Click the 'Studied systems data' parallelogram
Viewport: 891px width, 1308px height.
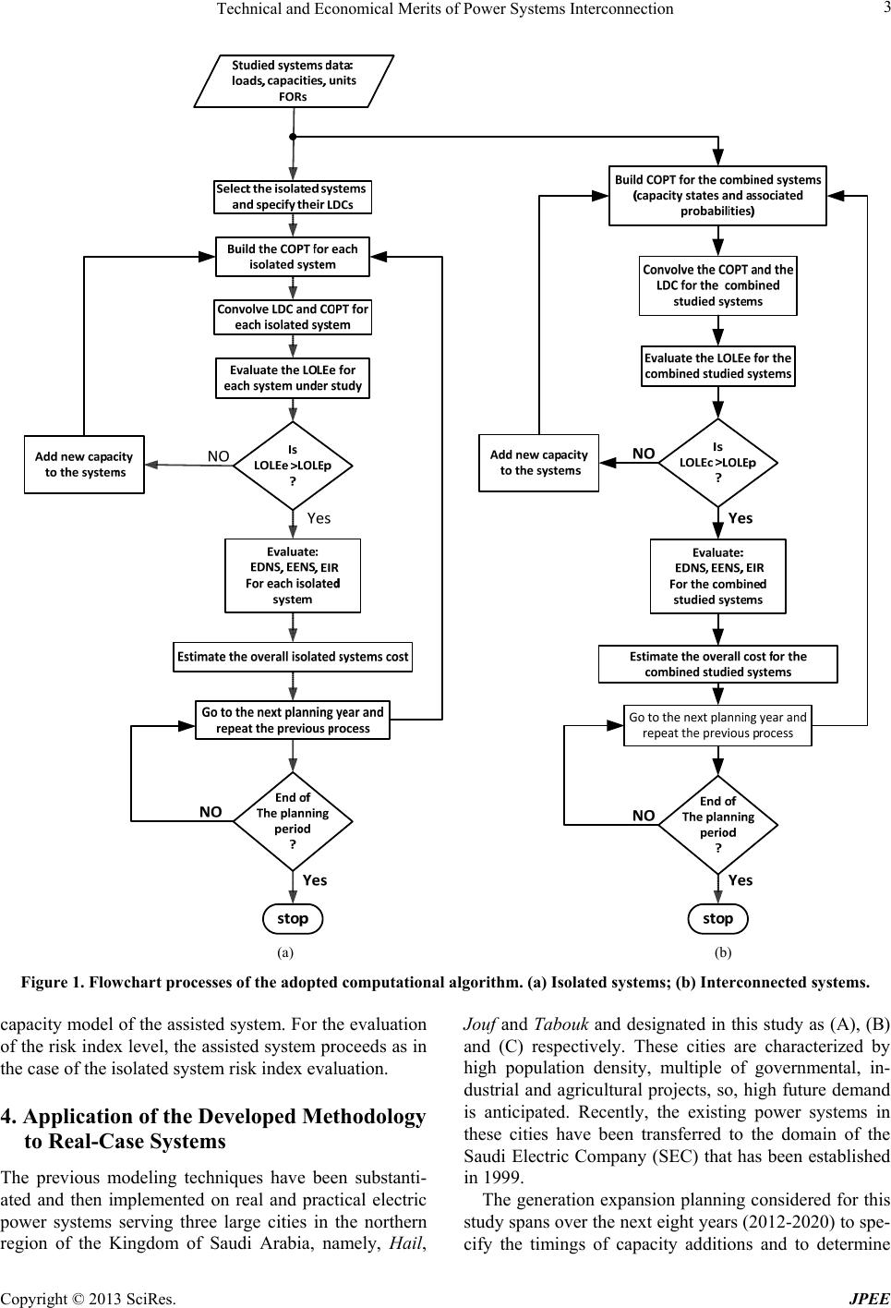[x=294, y=81]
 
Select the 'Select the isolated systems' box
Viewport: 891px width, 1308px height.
[x=293, y=197]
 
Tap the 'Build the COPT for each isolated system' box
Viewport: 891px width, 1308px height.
[x=293, y=257]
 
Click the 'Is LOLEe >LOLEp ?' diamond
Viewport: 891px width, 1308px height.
[x=293, y=466]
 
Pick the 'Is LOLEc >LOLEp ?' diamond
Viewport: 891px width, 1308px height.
[x=718, y=463]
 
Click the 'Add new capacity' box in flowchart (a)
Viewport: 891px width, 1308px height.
[x=84, y=465]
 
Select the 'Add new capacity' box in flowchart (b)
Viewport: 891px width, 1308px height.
[x=538, y=463]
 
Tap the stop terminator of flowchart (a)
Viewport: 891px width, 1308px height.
[x=293, y=918]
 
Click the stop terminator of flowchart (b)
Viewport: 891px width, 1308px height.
[x=717, y=918]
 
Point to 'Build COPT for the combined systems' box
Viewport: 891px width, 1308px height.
[x=717, y=195]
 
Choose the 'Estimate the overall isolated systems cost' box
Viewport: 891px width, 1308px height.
[x=293, y=657]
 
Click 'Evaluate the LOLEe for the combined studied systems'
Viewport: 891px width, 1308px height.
[x=717, y=366]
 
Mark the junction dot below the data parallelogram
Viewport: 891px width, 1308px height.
[x=293, y=137]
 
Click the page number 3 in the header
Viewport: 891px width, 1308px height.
[x=886, y=8]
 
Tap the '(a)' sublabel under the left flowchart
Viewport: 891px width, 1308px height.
[x=284, y=953]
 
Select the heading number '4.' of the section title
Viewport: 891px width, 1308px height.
[x=8, y=1116]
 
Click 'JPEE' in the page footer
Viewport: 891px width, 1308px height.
[x=870, y=1299]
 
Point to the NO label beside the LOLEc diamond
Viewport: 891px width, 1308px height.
[x=644, y=454]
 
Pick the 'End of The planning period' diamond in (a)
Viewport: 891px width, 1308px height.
[x=293, y=821]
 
